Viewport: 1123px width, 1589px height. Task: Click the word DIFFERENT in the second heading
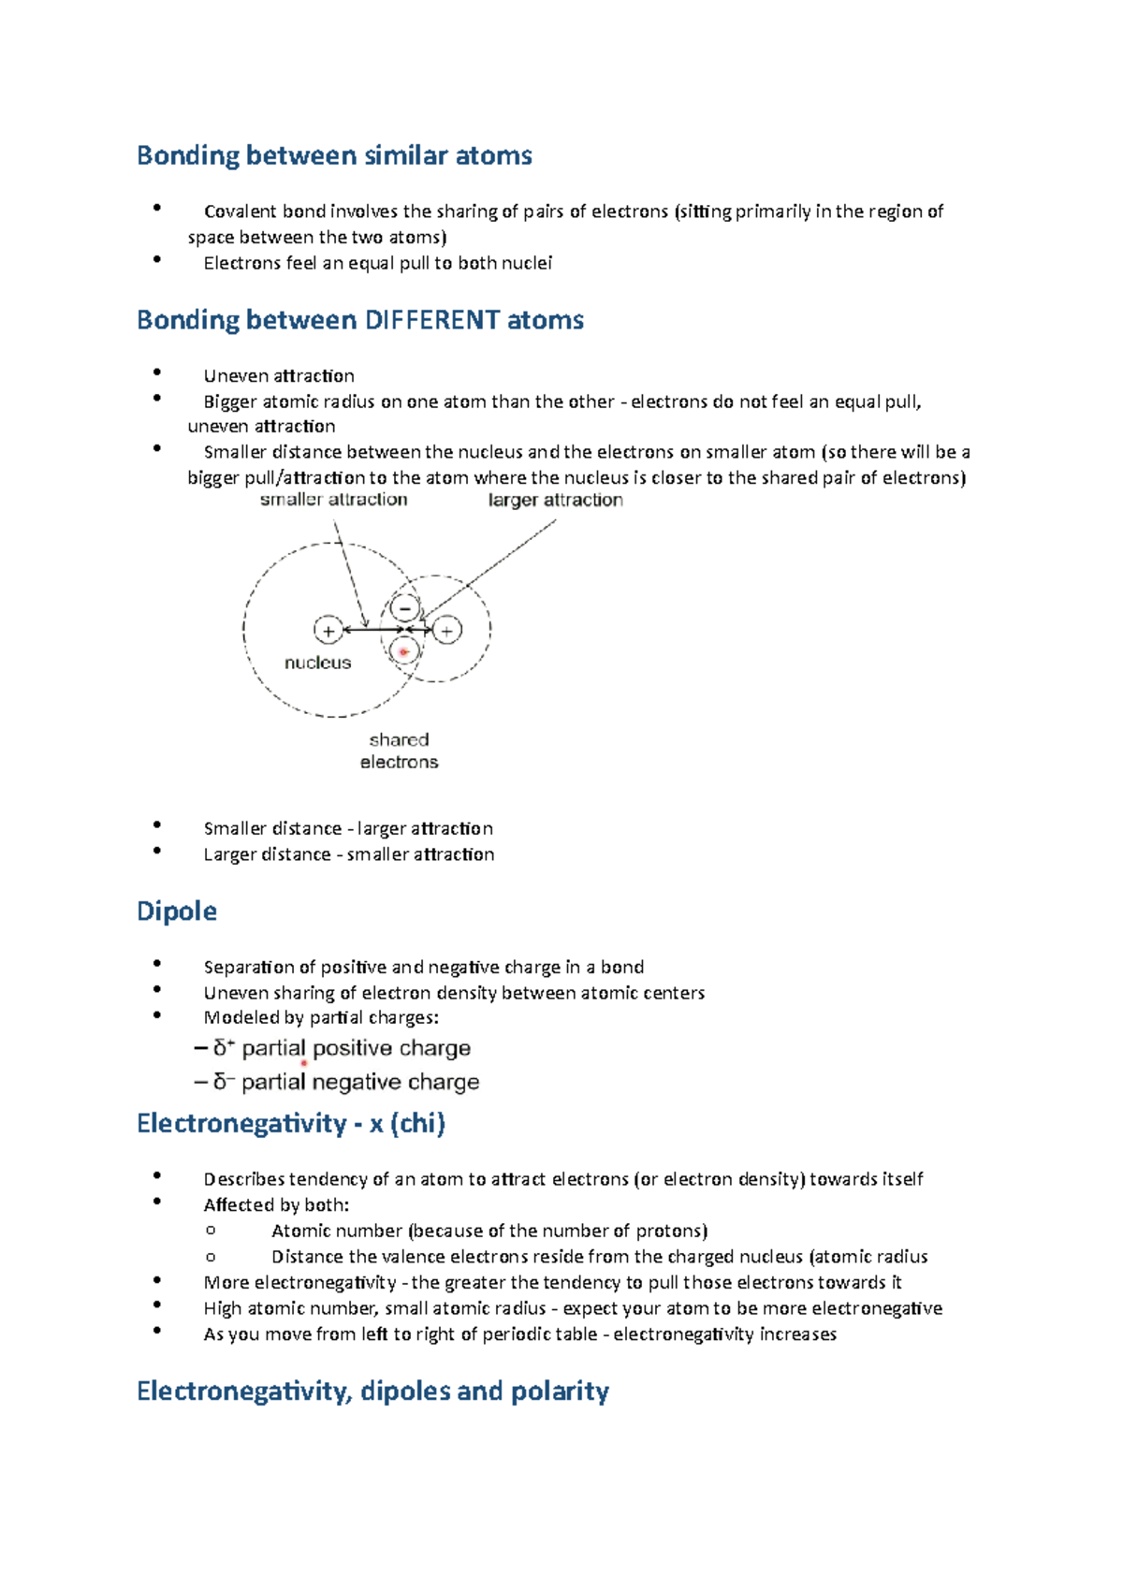(x=431, y=320)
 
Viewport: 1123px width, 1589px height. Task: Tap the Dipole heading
(x=177, y=911)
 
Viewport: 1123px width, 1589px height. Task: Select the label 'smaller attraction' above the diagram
(x=333, y=500)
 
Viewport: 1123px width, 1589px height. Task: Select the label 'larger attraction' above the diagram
(x=555, y=500)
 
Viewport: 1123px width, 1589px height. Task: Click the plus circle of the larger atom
(x=328, y=631)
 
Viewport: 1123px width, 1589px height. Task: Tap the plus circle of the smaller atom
(x=447, y=631)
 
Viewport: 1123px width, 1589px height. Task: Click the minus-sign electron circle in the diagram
(x=405, y=608)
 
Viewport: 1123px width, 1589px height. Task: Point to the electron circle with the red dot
(x=404, y=651)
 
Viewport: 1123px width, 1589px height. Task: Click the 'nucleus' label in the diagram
(x=317, y=663)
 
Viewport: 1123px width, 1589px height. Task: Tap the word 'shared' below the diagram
(x=399, y=739)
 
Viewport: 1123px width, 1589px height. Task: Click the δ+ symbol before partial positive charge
(x=223, y=1048)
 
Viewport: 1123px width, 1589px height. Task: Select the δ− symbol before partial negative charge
(x=223, y=1082)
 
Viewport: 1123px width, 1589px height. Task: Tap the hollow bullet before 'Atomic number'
(x=211, y=1231)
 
